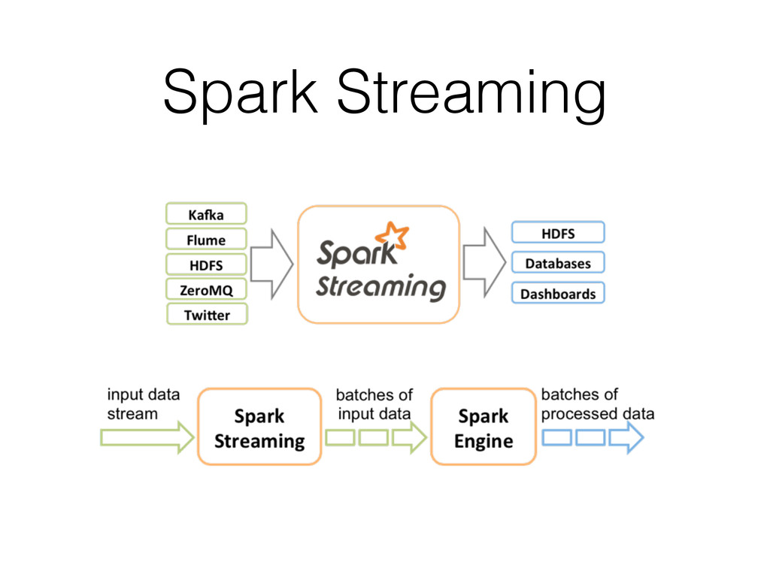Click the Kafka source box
click(x=205, y=214)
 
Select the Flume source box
click(x=205, y=240)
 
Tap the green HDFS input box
click(x=205, y=264)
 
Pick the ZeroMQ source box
click(x=205, y=289)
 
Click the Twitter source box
click(x=205, y=315)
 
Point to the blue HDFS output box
click(x=558, y=233)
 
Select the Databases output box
click(x=558, y=263)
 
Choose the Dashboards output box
click(x=558, y=293)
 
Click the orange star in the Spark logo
click(x=392, y=237)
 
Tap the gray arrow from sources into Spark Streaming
click(x=271, y=262)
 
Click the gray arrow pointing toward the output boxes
click(x=484, y=262)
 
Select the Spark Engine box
click(x=484, y=427)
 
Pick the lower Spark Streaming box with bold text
click(x=259, y=427)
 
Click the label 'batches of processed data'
click(x=597, y=404)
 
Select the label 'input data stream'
click(x=143, y=404)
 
